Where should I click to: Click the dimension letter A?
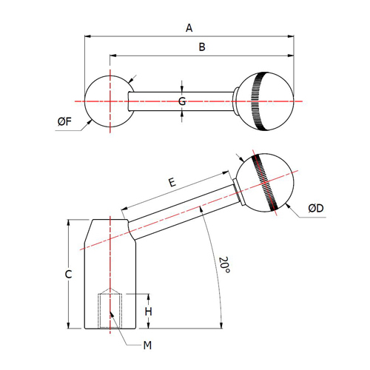coord(189,28)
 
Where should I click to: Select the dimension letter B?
coord(202,47)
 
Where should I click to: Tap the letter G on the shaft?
coord(182,101)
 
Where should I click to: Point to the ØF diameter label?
coord(64,121)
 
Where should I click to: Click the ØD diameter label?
coord(316,208)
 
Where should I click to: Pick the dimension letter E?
coord(172,183)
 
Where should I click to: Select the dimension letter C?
coord(68,274)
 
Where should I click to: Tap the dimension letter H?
coord(148,312)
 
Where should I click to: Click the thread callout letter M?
coord(147,345)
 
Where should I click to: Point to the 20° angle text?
coord(224,265)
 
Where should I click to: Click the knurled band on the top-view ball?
coord(258,101)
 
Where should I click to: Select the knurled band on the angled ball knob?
coord(265,183)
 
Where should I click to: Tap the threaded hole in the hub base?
coord(110,311)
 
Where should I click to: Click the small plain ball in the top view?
coord(110,101)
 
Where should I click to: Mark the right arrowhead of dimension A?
coord(291,36)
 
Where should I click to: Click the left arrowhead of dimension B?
coord(113,55)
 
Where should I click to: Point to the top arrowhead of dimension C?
coord(69,223)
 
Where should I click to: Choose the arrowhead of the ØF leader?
coord(89,123)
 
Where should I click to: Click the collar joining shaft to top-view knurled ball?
coord(235,101)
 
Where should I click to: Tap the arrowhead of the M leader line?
coord(112,314)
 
